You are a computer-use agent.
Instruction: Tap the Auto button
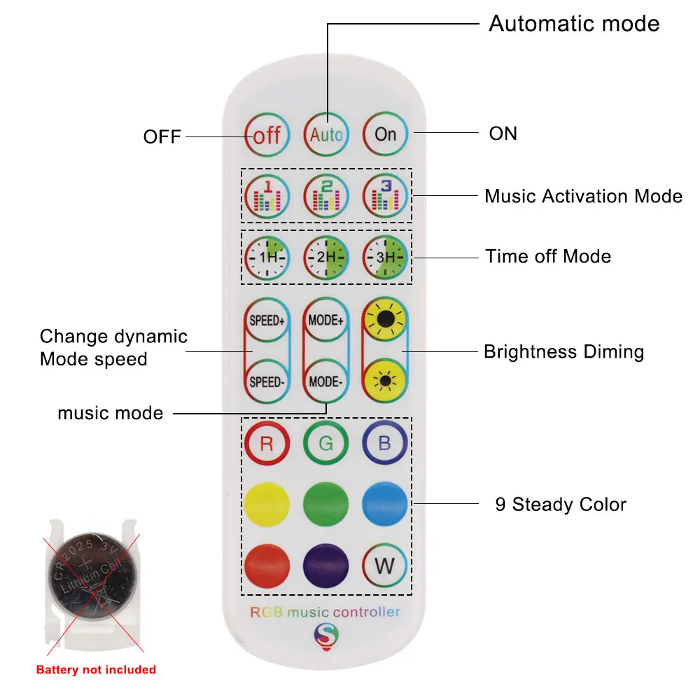click(326, 134)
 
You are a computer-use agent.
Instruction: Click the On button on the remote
click(385, 134)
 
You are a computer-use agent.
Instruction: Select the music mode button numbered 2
click(326, 196)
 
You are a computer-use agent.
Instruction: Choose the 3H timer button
click(385, 257)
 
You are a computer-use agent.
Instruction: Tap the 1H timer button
click(267, 257)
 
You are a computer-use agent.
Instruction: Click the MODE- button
click(326, 382)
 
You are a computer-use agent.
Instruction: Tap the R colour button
click(267, 444)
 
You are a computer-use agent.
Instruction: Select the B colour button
click(385, 444)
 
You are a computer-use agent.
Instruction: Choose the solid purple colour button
click(326, 564)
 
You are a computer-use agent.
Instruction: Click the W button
click(385, 564)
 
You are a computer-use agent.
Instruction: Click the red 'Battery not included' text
click(96, 670)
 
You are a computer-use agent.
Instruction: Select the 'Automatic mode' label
click(574, 24)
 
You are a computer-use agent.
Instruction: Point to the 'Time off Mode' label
click(548, 256)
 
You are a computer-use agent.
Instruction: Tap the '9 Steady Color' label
click(561, 504)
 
